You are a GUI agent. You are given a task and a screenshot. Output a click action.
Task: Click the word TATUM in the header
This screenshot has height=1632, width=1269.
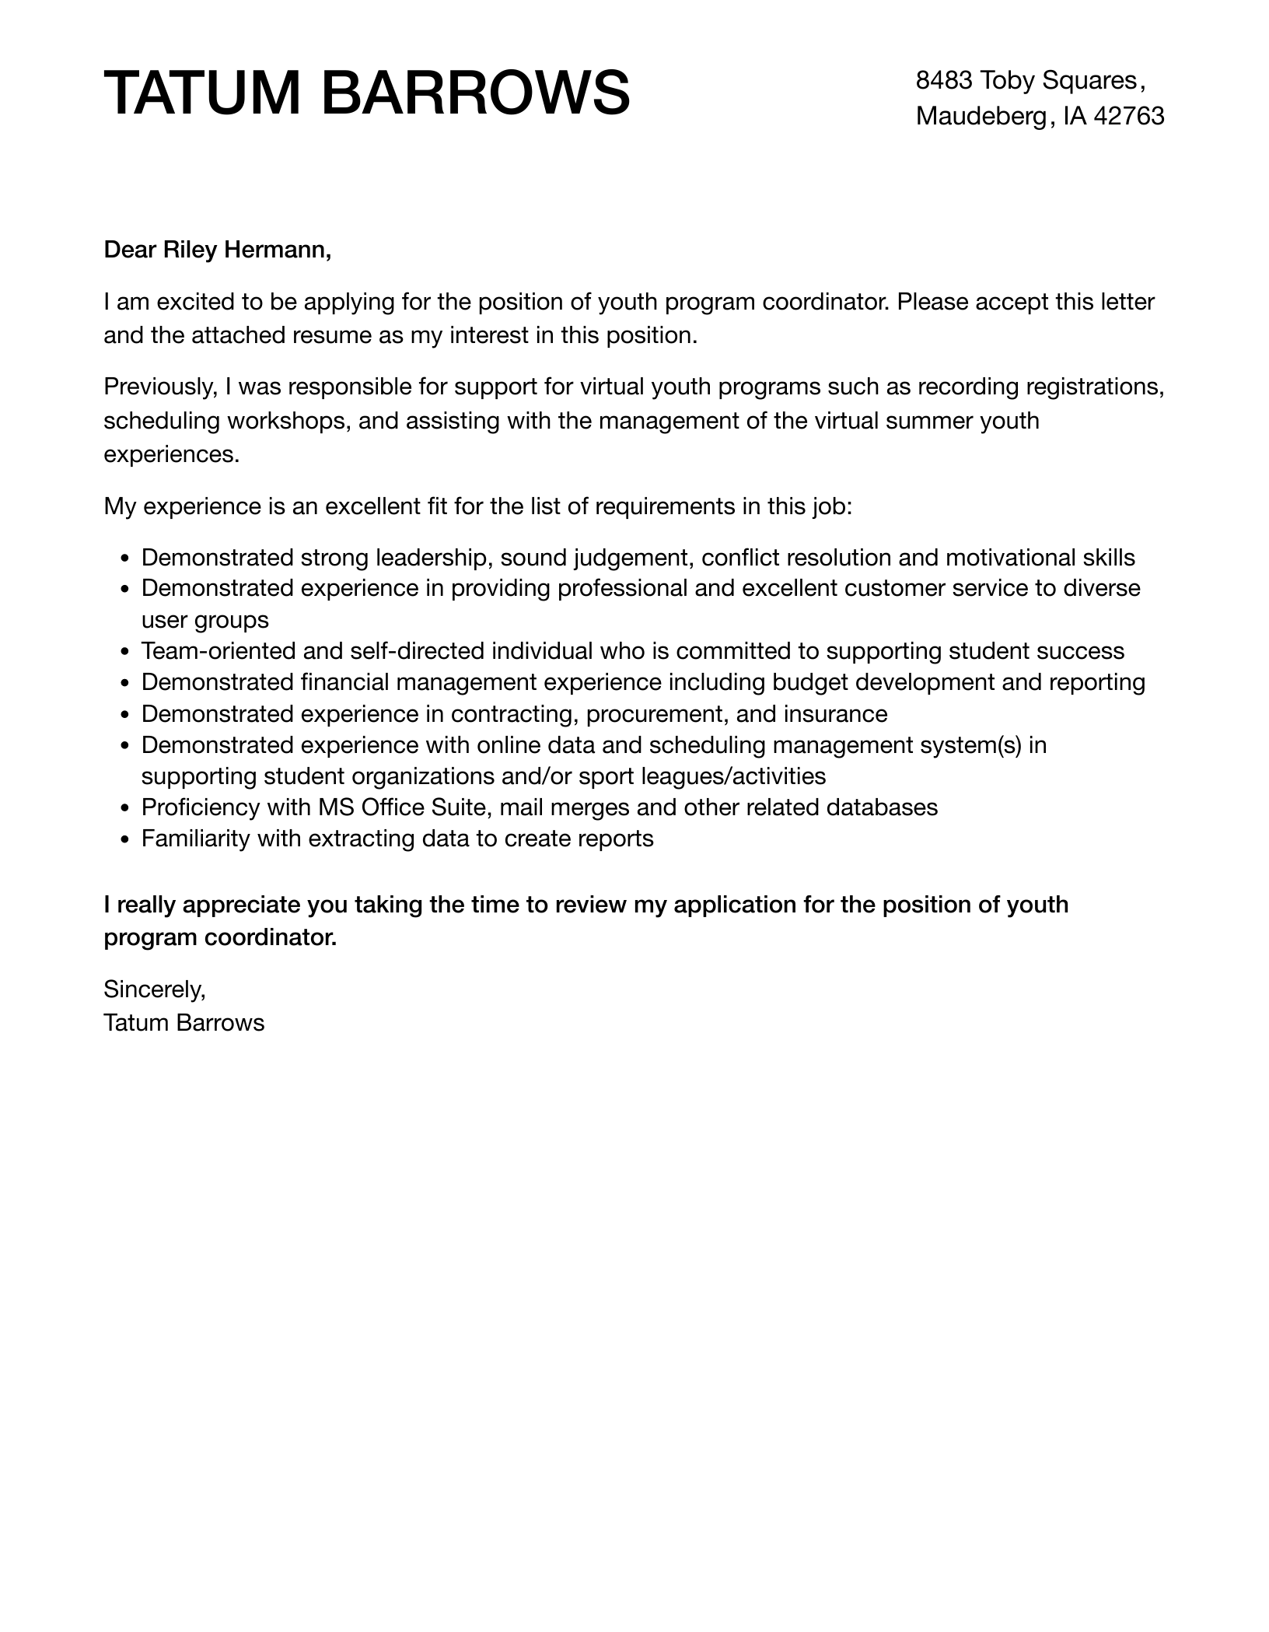201,93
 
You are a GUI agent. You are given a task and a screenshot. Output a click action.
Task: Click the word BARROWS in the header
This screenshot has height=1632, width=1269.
474,93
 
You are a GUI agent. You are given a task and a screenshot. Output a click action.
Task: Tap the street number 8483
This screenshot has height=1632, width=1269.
944,80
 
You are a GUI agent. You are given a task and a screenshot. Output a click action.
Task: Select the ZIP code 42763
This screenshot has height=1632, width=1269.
1129,116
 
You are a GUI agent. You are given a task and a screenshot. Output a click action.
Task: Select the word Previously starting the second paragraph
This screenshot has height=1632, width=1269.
160,387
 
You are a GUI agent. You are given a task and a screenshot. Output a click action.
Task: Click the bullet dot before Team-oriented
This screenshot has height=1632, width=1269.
127,652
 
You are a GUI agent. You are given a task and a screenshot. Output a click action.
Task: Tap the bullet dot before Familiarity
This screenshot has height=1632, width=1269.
127,840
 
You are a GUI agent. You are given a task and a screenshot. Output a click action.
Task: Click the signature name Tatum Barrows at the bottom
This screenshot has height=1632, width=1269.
184,1023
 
